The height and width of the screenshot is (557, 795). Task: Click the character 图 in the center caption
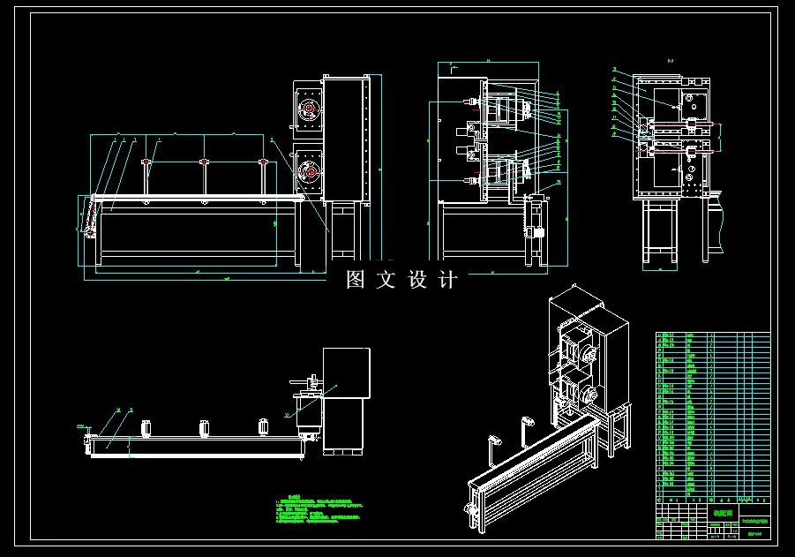tap(356, 280)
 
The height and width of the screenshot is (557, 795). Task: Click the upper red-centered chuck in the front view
tap(308, 110)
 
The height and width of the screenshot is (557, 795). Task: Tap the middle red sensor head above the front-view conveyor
tap(205, 162)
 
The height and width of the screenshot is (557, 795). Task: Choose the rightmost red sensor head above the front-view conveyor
tap(263, 162)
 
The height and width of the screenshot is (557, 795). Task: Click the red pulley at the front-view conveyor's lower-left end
tap(90, 231)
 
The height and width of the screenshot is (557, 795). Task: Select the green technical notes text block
tap(319, 511)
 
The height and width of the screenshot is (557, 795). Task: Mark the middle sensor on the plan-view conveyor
tap(205, 429)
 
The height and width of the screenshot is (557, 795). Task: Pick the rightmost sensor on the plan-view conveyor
tap(263, 428)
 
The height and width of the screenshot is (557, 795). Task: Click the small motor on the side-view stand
tap(532, 231)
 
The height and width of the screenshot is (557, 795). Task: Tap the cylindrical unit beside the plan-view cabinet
tap(308, 410)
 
